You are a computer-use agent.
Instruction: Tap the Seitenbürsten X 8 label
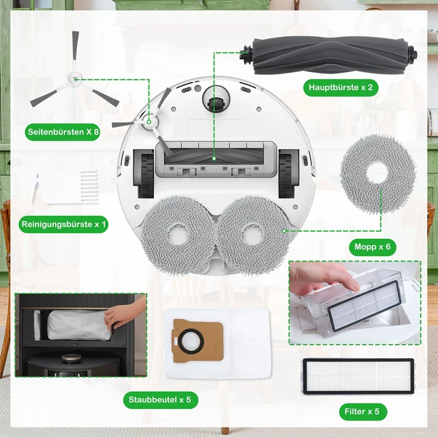(x=62, y=132)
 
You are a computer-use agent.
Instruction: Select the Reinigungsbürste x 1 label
(x=64, y=224)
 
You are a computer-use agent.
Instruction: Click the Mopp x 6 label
(x=372, y=247)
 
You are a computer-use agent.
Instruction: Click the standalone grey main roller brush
(x=328, y=55)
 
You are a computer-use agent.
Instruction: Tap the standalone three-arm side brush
(x=73, y=82)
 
